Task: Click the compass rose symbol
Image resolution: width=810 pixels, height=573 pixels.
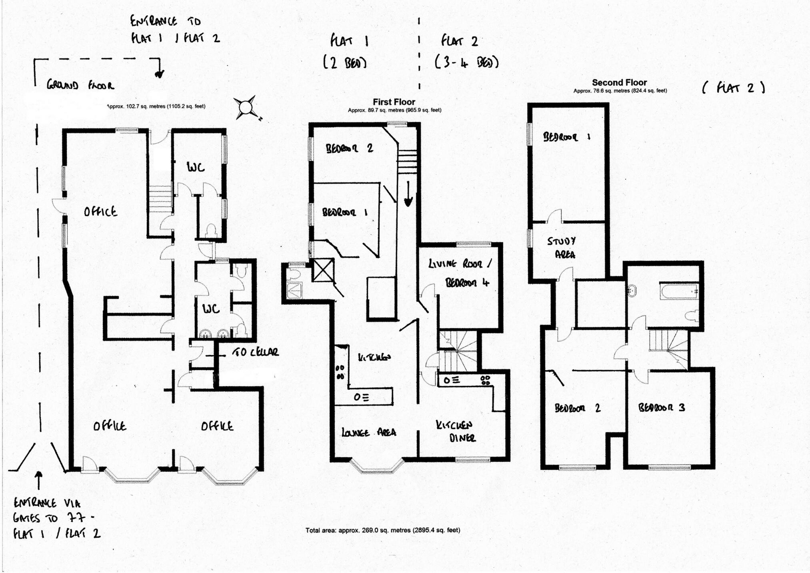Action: pyautogui.click(x=246, y=107)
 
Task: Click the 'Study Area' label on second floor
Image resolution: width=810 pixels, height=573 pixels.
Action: pyautogui.click(x=562, y=247)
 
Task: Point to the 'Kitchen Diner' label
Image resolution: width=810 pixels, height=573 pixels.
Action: pyautogui.click(x=455, y=431)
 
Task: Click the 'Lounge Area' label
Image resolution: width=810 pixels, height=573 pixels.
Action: pyautogui.click(x=368, y=432)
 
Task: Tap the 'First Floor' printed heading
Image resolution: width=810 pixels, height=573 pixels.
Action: pyautogui.click(x=394, y=102)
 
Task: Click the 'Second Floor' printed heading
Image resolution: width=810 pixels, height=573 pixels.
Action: pyautogui.click(x=619, y=82)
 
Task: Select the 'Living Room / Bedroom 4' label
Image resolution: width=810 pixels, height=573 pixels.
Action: pyautogui.click(x=460, y=273)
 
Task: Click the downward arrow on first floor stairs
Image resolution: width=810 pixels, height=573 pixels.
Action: pyautogui.click(x=408, y=194)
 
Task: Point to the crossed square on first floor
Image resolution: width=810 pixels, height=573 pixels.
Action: pyautogui.click(x=322, y=270)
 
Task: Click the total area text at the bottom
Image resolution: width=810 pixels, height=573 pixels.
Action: pyautogui.click(x=383, y=530)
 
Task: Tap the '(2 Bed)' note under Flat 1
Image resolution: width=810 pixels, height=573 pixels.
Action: pyautogui.click(x=345, y=63)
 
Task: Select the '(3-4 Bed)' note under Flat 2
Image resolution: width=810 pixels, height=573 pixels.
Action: pyautogui.click(x=466, y=62)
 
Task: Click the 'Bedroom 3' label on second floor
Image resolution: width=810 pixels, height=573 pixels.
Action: pyautogui.click(x=661, y=407)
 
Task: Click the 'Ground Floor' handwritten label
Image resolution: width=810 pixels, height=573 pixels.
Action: pyautogui.click(x=80, y=85)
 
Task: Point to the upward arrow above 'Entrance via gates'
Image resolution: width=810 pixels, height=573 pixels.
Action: pyautogui.click(x=39, y=480)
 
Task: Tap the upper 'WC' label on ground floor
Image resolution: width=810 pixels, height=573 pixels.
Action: pyautogui.click(x=196, y=167)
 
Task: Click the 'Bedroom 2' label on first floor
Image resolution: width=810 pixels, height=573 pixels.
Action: pyautogui.click(x=349, y=148)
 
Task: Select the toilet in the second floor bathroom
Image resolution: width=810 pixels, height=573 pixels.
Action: pyautogui.click(x=692, y=316)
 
